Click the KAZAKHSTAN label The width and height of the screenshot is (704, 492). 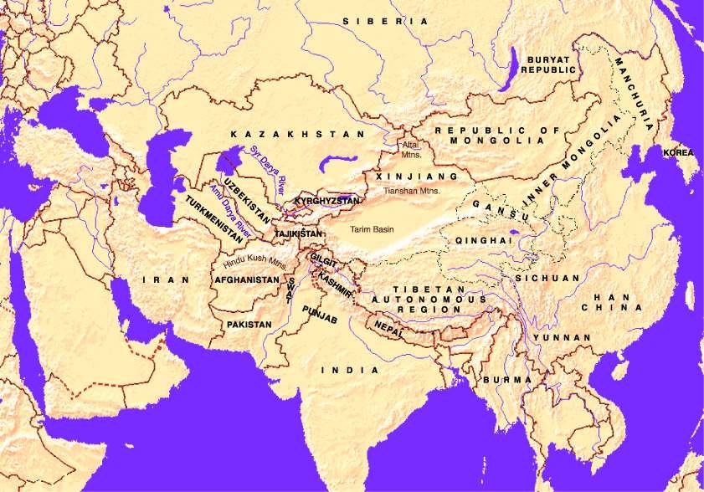pos(299,134)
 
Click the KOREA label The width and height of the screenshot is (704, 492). pos(678,153)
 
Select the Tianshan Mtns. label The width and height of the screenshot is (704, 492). pos(411,192)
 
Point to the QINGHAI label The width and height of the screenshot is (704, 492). pos(483,240)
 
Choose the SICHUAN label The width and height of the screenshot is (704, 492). pos(547,278)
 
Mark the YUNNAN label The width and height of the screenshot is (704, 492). pos(565,337)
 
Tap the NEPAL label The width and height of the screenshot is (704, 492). pos(389,325)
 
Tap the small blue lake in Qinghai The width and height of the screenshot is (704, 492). pos(512,233)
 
